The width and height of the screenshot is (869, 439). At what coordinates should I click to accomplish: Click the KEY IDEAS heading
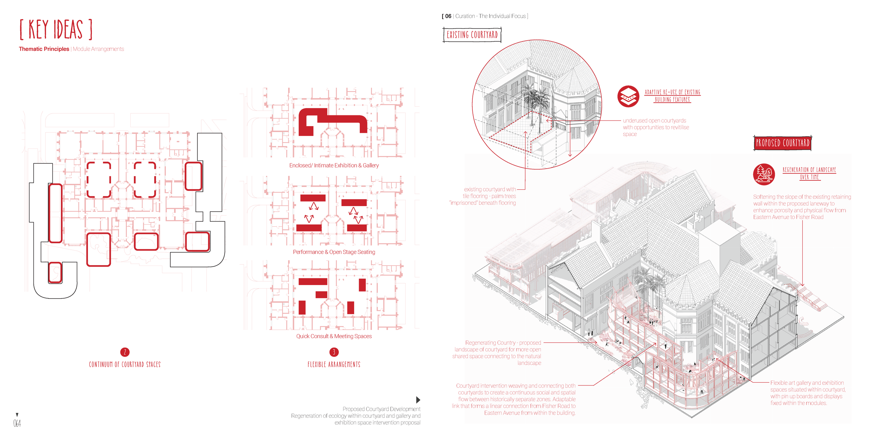[56, 30]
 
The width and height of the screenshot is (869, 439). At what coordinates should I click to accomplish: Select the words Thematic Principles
[44, 49]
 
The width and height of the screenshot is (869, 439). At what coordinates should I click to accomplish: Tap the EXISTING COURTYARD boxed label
[472, 35]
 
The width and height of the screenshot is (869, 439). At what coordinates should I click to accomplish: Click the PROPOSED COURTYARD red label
[782, 143]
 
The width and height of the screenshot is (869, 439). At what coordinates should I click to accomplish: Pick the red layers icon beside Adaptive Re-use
[628, 96]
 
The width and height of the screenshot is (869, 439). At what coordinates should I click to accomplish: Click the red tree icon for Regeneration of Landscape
[764, 174]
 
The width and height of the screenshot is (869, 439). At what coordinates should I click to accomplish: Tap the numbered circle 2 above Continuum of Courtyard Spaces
[125, 352]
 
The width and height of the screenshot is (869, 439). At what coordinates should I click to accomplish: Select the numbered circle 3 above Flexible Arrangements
[334, 352]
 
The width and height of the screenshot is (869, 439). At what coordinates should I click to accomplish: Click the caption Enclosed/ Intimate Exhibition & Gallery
[334, 165]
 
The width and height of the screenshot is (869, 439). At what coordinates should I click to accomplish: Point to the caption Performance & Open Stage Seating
[334, 252]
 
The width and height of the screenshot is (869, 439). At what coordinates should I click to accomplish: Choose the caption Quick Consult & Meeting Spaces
[334, 336]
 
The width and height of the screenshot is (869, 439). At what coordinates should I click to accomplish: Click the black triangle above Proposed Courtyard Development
[418, 400]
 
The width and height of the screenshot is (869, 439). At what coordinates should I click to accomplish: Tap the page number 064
[17, 423]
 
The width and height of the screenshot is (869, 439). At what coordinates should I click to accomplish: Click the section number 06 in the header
[448, 16]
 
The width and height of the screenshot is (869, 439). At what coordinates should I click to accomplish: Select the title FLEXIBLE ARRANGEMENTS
[334, 364]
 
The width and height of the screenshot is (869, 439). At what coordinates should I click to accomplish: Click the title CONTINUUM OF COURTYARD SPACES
[125, 364]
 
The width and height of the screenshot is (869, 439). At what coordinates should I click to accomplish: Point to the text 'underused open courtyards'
[654, 121]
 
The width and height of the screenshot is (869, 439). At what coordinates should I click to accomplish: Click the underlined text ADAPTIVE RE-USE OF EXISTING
[672, 92]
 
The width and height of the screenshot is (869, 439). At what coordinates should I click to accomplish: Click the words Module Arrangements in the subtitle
[98, 49]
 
